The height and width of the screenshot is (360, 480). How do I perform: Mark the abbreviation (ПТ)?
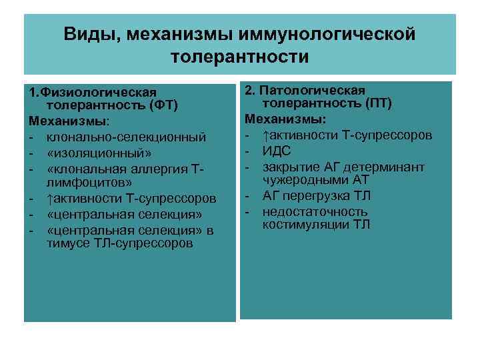379,105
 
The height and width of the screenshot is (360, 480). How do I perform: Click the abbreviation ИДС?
277,151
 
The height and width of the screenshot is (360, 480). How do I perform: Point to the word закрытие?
289,166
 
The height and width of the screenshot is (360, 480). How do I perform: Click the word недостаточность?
315,211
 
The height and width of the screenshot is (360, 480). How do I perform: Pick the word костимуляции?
306,225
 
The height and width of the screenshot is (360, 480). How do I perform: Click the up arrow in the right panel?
265,135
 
